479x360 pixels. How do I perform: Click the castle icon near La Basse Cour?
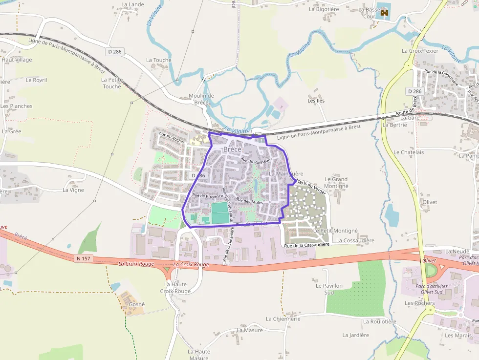coord(385,12)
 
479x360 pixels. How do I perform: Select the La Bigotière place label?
coord(324,9)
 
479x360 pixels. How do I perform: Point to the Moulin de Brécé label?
coord(201,99)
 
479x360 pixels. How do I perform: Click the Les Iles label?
coord(316,101)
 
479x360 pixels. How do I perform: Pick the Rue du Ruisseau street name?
coord(256,161)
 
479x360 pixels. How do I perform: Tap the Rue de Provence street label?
coord(207,195)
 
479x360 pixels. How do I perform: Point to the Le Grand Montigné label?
coord(336,183)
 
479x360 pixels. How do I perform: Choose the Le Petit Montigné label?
coord(336,231)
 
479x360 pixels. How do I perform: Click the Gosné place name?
coord(136,304)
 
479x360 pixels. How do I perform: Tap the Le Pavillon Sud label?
coord(329,289)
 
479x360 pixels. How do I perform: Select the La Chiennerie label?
coord(283,318)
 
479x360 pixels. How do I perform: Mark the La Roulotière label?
coord(379,321)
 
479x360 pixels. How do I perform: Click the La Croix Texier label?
coord(420,50)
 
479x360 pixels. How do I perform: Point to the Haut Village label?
coord(17,60)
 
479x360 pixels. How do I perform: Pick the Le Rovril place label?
coord(36,80)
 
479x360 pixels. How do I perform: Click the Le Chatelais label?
coord(409,152)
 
